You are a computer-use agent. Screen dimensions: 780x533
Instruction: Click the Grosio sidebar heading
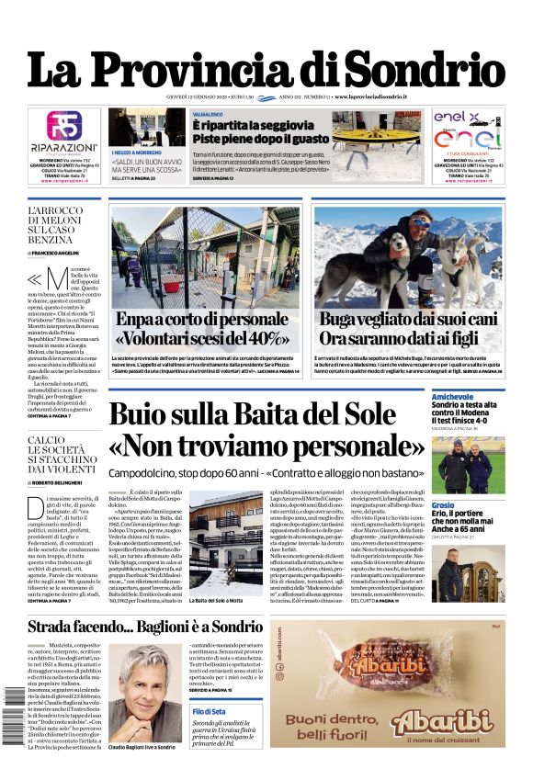pyautogui.click(x=443, y=505)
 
